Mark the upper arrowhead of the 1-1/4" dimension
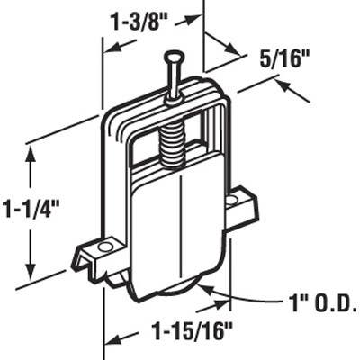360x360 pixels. (x=33, y=154)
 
